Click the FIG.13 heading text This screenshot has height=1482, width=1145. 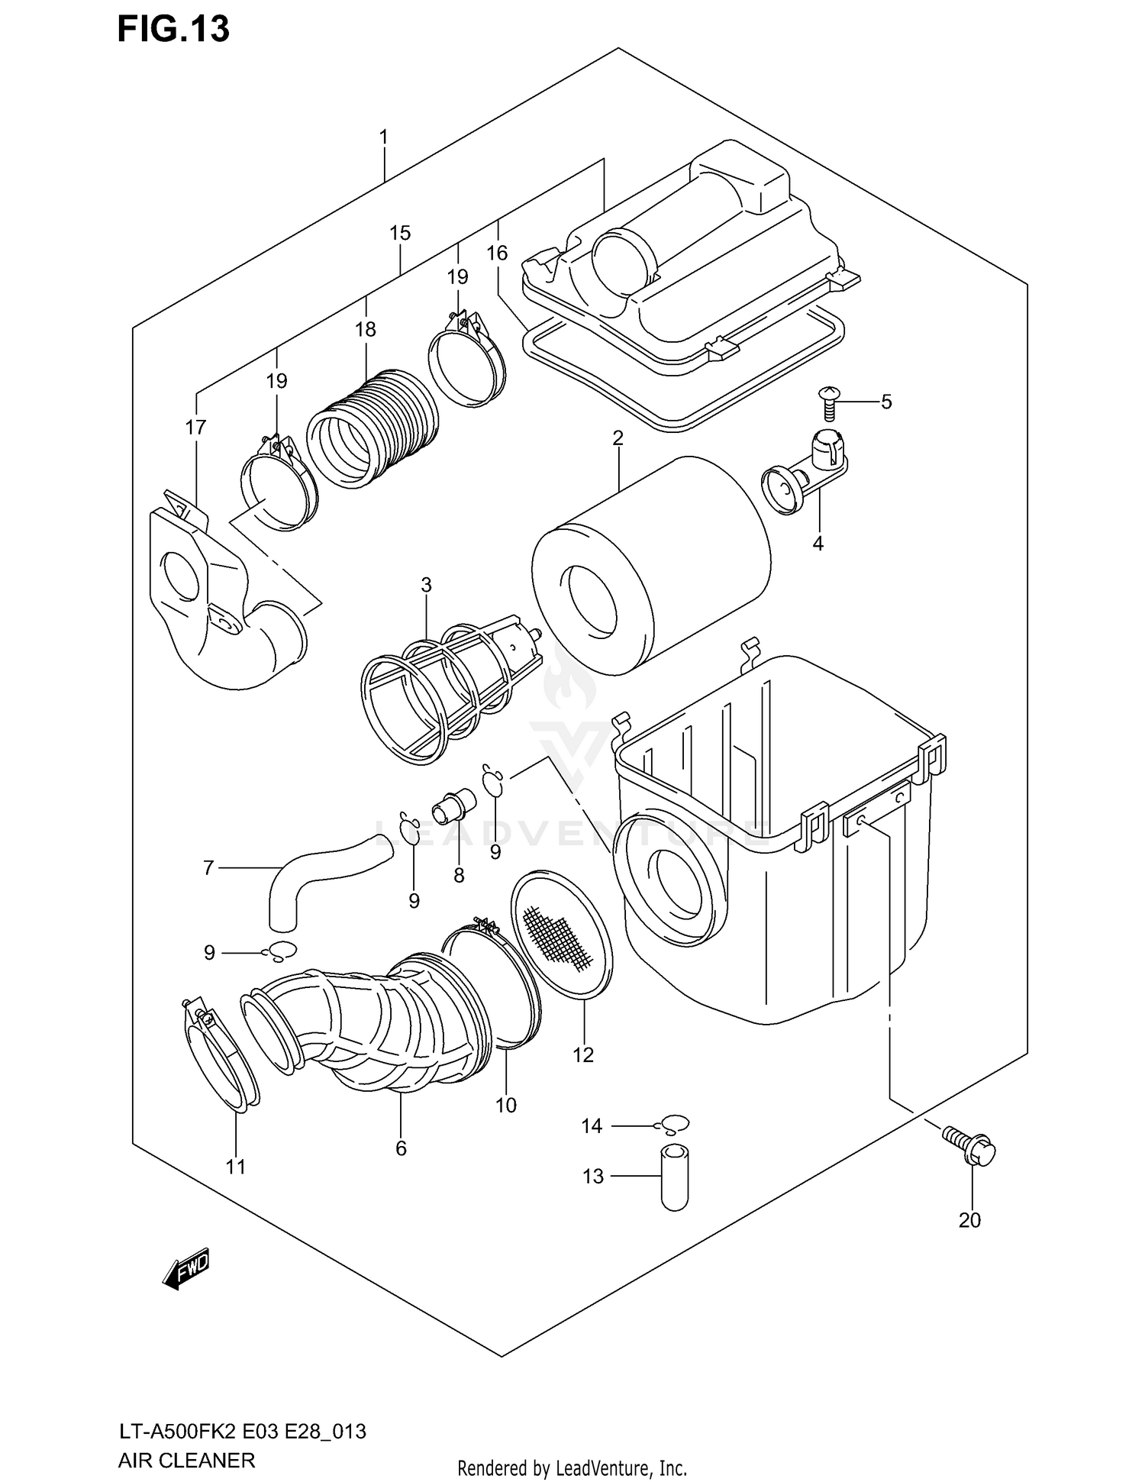tap(173, 29)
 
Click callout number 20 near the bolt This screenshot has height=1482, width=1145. tap(969, 1220)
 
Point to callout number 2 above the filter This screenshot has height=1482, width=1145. tap(618, 438)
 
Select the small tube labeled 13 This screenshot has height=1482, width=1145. tap(674, 1177)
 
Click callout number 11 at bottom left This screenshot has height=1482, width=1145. tap(236, 1167)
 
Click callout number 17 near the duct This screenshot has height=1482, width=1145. tap(195, 428)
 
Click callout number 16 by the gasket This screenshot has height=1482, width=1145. tap(497, 253)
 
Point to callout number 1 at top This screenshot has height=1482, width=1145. tap(384, 137)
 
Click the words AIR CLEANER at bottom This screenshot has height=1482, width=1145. tap(186, 1460)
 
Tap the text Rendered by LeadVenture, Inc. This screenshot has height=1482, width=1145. tap(572, 1467)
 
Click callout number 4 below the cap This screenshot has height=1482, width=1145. tap(818, 544)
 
